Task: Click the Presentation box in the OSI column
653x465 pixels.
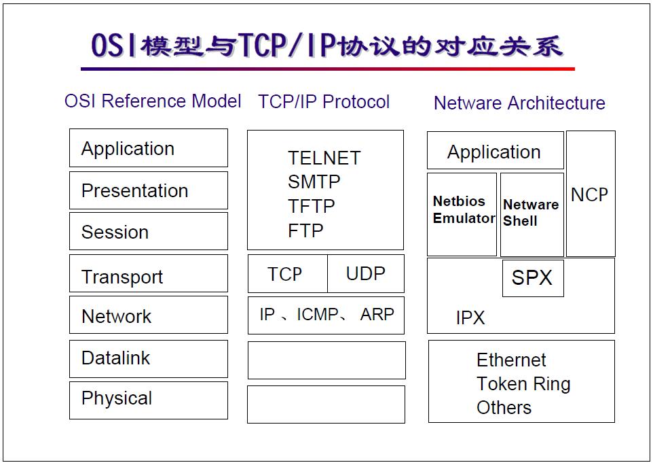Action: [148, 190]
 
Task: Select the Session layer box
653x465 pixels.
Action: [148, 232]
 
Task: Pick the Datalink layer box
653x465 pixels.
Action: [148, 358]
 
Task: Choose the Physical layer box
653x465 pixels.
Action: [148, 400]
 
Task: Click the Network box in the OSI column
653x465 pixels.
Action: [148, 315]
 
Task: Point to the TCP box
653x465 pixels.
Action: [286, 274]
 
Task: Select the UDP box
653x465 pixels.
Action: [365, 274]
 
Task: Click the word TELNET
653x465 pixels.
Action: [324, 158]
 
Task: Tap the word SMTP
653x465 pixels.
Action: [314, 182]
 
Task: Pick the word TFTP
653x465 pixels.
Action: [311, 206]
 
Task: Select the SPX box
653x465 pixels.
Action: [532, 277]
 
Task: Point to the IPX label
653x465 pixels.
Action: [470, 317]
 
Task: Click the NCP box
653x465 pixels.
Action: [590, 194]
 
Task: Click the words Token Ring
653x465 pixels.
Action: [523, 384]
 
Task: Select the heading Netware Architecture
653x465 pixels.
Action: [519, 103]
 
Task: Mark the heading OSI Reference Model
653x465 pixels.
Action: [153, 101]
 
